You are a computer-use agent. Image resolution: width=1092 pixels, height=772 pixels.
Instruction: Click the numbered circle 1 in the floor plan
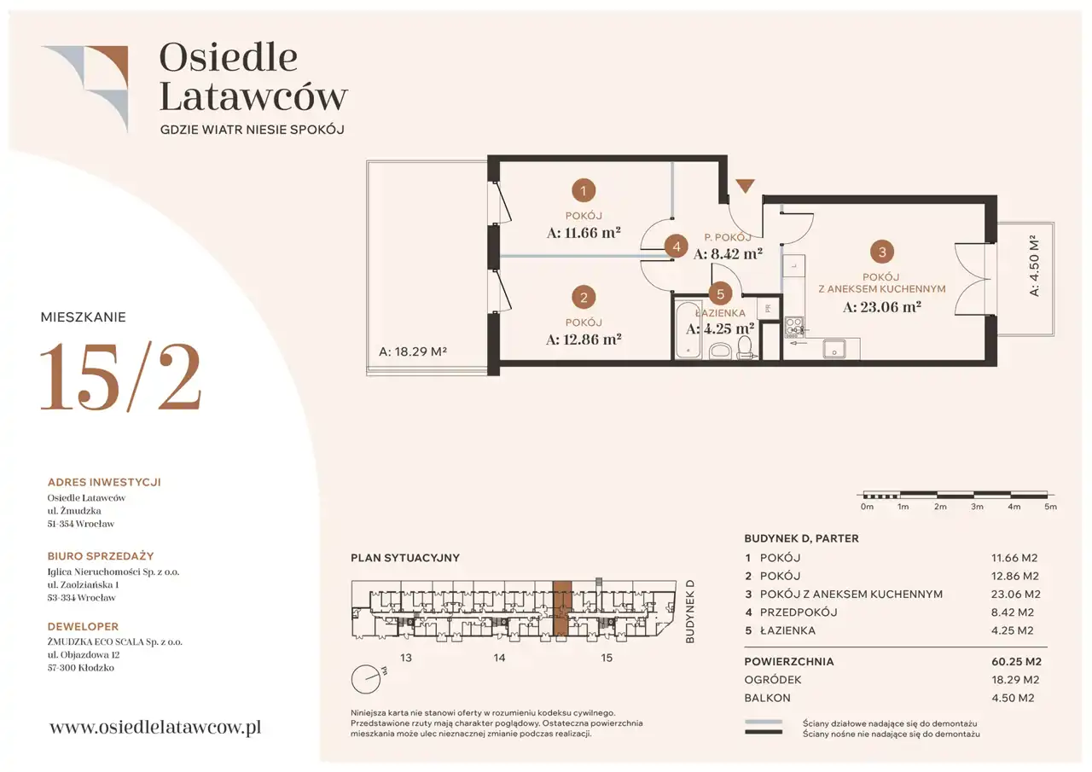(x=583, y=190)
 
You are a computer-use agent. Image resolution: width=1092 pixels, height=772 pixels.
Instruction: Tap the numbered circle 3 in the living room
(x=882, y=252)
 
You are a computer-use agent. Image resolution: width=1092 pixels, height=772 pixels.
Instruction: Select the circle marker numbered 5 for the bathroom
(x=720, y=294)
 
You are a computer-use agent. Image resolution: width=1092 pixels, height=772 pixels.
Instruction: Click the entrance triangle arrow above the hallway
(x=745, y=186)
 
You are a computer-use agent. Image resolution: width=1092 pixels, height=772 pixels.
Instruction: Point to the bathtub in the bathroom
(x=688, y=329)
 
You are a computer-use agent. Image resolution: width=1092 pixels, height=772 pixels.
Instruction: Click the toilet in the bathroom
(x=745, y=348)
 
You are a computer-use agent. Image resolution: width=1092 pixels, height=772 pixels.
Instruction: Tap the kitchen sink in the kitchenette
(x=834, y=350)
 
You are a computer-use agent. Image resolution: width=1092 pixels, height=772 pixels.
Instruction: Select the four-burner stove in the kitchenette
(x=794, y=327)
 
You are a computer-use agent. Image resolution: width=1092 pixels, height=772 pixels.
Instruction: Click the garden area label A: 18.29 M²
(x=412, y=351)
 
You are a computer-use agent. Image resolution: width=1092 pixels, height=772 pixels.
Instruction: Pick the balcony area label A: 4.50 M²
(x=1034, y=265)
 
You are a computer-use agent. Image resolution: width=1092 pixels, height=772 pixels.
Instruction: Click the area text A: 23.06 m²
(x=882, y=307)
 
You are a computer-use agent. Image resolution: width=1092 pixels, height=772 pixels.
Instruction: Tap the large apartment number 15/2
(x=120, y=377)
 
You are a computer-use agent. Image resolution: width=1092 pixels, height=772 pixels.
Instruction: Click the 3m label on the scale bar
(x=977, y=507)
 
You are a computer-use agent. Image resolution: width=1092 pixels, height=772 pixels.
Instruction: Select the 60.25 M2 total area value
(x=1016, y=661)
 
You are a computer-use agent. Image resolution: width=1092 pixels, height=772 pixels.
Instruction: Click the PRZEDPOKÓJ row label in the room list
(x=799, y=612)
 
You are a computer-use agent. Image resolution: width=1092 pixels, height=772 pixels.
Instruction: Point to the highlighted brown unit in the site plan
(x=562, y=609)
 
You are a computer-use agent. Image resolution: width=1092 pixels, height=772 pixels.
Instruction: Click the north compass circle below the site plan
(x=366, y=679)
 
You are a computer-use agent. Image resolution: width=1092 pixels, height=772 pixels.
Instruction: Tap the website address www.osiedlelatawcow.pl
(x=155, y=727)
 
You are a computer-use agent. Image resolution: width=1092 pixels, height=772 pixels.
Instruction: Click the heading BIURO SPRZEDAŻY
(x=101, y=556)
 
